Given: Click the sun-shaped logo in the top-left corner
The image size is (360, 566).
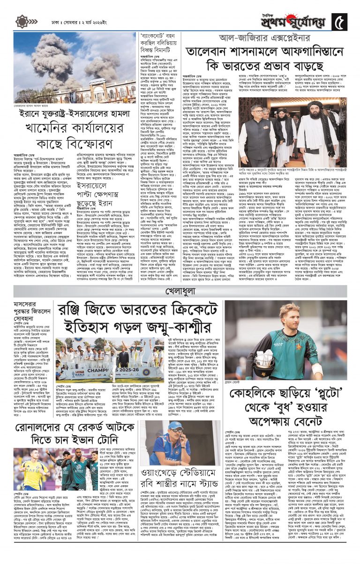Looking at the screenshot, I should tap(22, 21).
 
